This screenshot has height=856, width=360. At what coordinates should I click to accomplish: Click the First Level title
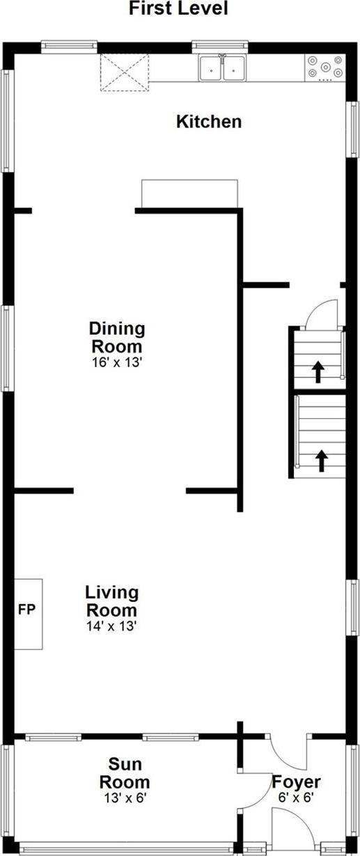[x=178, y=8]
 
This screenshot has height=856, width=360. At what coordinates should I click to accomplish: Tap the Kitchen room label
[x=209, y=122]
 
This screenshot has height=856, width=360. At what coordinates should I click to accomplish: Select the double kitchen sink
[x=224, y=68]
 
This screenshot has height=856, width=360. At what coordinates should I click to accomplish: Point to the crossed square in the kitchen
[x=125, y=72]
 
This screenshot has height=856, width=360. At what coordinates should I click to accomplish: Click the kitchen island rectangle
[x=189, y=193]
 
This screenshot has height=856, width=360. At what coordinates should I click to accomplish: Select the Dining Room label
[x=116, y=337]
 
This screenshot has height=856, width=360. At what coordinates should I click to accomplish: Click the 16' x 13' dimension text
[x=116, y=362]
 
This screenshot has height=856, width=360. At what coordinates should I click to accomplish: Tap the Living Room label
[x=111, y=601]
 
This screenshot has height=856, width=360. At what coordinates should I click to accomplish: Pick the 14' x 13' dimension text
[x=111, y=626]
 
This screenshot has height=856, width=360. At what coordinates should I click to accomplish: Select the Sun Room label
[x=125, y=773]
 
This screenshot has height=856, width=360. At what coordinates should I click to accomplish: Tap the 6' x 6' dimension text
[x=296, y=798]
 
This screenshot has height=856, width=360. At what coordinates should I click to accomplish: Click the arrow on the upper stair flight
[x=318, y=372]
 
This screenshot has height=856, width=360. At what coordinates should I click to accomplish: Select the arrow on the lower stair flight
[x=321, y=460]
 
